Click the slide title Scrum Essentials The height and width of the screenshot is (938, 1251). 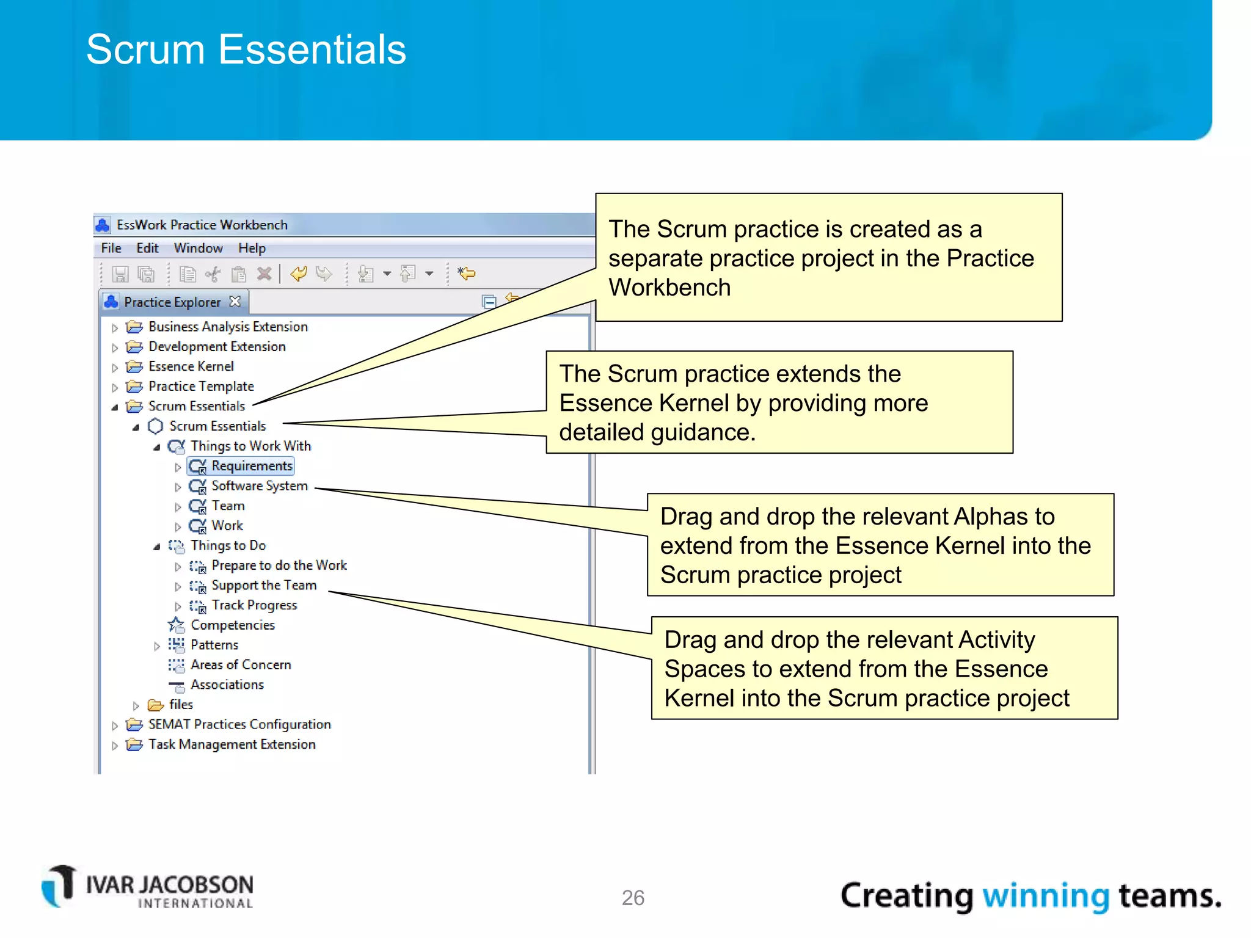point(246,49)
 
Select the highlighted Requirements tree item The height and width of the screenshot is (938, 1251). point(251,466)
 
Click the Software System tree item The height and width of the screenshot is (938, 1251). point(259,486)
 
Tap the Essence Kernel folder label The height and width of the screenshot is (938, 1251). point(191,366)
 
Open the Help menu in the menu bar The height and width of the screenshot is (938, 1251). point(252,248)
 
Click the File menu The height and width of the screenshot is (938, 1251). point(111,248)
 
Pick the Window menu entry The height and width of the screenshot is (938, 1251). point(198,248)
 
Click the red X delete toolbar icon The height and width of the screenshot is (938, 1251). point(264,274)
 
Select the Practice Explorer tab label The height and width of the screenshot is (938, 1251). point(172,302)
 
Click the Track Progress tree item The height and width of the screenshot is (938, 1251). point(254,605)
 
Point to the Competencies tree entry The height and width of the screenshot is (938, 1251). point(232,625)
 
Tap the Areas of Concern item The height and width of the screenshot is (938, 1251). point(240,665)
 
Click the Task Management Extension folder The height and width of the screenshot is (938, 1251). point(232,744)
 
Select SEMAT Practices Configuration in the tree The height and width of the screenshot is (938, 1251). point(239,724)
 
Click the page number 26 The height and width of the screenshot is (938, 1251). point(633,898)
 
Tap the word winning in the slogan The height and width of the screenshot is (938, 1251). point(1045,896)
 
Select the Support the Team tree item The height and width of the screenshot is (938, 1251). point(263,586)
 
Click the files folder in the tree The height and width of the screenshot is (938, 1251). point(180,705)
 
